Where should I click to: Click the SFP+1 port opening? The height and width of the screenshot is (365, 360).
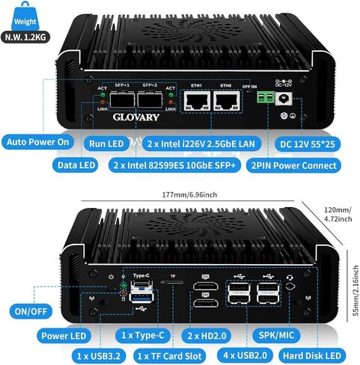122,99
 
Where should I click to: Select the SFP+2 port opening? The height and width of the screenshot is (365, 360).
150,99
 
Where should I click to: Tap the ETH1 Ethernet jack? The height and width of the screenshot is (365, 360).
197,101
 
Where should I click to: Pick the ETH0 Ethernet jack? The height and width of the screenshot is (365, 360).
227,101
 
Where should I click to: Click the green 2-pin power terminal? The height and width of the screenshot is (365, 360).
266,97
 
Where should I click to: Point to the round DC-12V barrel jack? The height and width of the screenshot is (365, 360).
284,99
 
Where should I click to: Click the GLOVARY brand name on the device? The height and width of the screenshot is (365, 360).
136,117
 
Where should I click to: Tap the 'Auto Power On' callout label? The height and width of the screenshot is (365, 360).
38,142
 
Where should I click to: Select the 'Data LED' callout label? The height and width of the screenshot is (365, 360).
76,165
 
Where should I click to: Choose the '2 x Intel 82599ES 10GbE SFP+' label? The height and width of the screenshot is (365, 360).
174,165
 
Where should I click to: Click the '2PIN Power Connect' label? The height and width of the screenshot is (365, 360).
293,165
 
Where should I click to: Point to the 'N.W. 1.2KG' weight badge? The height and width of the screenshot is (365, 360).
25,37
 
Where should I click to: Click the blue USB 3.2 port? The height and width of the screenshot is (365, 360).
141,298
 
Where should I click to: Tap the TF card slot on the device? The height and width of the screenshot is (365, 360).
172,282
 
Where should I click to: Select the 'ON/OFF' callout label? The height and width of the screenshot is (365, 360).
31,311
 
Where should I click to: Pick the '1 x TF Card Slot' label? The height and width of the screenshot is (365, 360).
169,356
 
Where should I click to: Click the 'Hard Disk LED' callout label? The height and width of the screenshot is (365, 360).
312,356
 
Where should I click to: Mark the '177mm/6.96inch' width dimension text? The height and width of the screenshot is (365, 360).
189,194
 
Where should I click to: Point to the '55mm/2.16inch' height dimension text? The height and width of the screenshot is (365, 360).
356,290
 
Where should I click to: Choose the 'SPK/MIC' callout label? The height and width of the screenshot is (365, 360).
276,335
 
